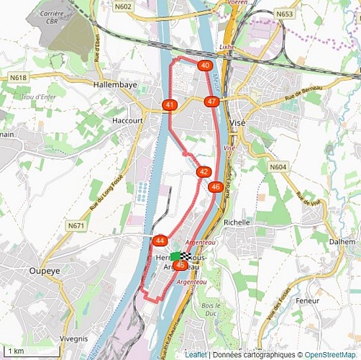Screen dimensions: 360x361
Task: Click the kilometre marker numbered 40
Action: click(205, 66)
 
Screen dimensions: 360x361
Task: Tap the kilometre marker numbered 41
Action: click(170, 105)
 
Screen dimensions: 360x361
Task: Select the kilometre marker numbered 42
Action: click(204, 172)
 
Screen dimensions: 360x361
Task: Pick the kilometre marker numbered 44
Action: click(160, 240)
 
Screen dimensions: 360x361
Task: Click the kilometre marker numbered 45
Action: click(180, 266)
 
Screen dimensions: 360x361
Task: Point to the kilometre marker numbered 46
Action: click(215, 187)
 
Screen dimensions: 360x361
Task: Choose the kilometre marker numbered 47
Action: click(211, 102)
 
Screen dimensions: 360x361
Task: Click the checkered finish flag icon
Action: click(186, 256)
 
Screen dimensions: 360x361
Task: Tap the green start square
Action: click(175, 256)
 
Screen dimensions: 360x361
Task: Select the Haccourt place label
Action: click(127, 121)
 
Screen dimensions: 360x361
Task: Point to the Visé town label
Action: click(238, 123)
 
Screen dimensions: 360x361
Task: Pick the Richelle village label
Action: click(237, 222)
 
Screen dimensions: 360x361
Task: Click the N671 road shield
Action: click(76, 226)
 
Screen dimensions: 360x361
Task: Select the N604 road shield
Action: click(278, 167)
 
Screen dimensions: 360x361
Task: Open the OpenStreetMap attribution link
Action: click(330, 355)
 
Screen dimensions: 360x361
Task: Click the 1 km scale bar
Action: click(29, 352)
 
